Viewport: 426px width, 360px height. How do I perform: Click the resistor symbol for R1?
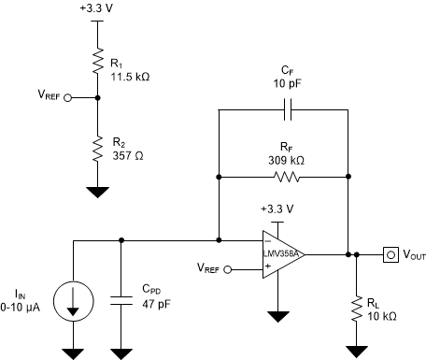96,63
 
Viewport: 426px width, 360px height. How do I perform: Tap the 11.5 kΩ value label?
130,77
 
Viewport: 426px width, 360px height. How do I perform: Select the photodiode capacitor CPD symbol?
121,300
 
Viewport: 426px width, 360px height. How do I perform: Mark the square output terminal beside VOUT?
389,253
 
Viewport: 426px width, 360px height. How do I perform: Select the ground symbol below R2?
96,192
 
